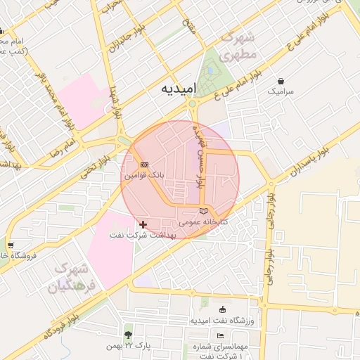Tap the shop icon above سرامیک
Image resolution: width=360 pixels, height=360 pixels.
[x=281, y=81]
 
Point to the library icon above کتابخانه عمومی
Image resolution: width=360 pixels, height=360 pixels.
[x=203, y=211]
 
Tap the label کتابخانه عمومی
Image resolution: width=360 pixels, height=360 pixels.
[x=200, y=221]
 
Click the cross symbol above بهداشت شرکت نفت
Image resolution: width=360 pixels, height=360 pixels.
[x=143, y=224]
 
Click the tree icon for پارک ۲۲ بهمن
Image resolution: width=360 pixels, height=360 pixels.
[x=128, y=335]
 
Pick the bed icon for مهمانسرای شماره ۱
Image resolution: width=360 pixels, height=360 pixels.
[x=220, y=335]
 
